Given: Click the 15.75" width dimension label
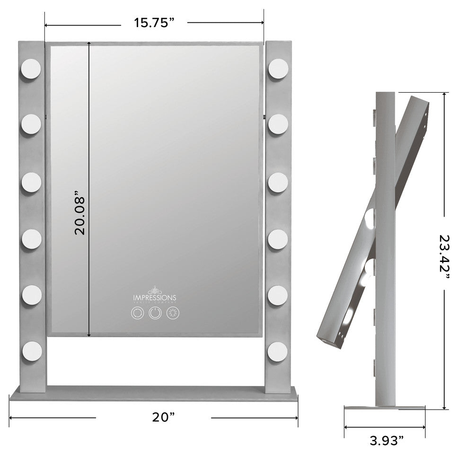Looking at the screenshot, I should click(x=153, y=23).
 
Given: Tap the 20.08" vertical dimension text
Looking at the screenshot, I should click(x=79, y=213).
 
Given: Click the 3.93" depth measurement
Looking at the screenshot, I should click(x=386, y=441).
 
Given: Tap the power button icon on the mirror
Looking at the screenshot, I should click(x=154, y=313).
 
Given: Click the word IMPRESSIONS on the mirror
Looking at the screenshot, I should click(x=154, y=297).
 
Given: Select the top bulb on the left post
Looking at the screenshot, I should click(x=31, y=69).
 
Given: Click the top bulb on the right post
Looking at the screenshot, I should click(x=278, y=70).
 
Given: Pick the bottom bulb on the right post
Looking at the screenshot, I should click(x=277, y=351).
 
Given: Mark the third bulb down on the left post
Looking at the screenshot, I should click(x=31, y=182).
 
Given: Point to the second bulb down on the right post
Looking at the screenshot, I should click(x=278, y=125).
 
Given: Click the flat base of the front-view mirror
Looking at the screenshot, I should click(x=154, y=394).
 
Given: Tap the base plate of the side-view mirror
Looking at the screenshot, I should click(x=384, y=408).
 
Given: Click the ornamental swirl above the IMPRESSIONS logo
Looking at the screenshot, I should click(x=154, y=289).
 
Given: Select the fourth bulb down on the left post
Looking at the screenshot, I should click(x=31, y=239).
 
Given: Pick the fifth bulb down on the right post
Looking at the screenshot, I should click(x=278, y=296).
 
